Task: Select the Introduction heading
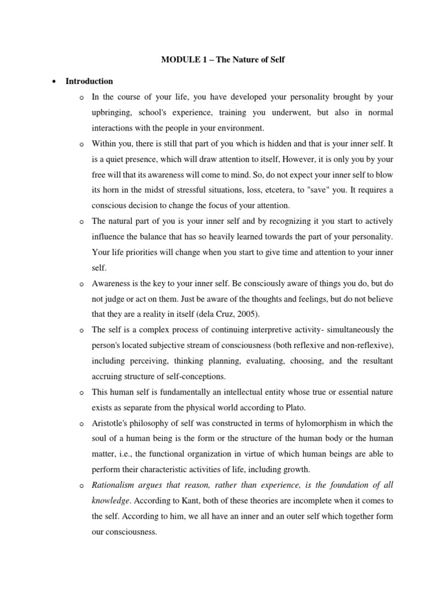click(89, 81)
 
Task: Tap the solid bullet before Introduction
click(53, 82)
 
